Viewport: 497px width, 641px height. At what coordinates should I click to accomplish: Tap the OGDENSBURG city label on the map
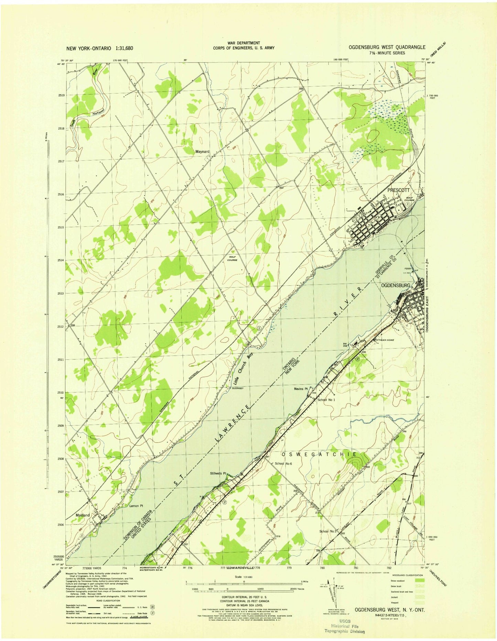[396, 286]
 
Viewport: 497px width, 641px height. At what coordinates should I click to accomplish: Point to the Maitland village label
[83, 515]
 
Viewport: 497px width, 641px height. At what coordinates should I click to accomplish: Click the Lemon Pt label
[136, 506]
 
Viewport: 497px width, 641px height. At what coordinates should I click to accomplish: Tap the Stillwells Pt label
[219, 473]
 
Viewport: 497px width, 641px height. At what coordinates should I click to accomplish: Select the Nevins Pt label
[301, 389]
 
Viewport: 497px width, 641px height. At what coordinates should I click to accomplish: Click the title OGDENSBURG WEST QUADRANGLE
[387, 47]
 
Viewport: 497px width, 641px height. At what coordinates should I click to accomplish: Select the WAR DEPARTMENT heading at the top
[244, 43]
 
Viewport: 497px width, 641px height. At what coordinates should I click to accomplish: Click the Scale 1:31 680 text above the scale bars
[244, 577]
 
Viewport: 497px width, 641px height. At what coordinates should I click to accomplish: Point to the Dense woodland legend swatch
[421, 581]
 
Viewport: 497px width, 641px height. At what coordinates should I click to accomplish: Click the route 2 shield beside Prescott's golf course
[408, 204]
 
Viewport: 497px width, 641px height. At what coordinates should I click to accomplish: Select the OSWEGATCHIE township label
[320, 454]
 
